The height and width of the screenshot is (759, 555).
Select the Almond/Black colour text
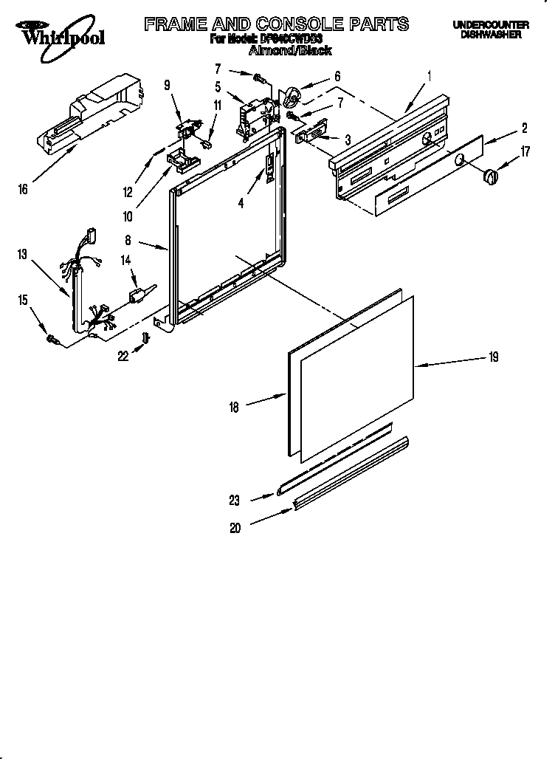click(x=290, y=51)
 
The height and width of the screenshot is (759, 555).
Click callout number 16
click(x=23, y=190)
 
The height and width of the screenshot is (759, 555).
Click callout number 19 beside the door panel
click(x=493, y=357)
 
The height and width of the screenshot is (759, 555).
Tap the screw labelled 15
click(x=53, y=338)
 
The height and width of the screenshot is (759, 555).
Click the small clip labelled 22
click(x=146, y=337)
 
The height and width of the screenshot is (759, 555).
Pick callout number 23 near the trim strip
click(x=235, y=501)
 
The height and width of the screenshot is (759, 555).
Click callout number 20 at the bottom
click(x=235, y=527)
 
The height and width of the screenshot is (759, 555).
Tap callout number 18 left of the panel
click(x=235, y=407)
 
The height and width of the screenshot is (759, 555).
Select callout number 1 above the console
click(x=429, y=75)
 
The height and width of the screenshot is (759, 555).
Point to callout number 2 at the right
click(x=525, y=128)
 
